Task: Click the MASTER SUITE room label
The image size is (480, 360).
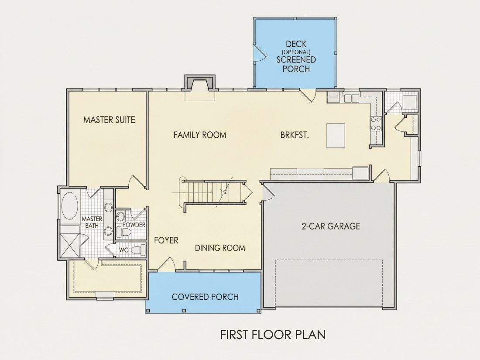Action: pos(109,120)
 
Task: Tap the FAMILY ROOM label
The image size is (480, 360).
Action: pos(200,135)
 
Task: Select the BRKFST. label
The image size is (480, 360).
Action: pos(295,135)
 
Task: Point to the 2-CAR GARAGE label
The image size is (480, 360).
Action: pos(331,226)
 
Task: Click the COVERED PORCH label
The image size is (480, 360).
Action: pos(205,297)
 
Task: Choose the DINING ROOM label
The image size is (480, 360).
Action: pos(220,248)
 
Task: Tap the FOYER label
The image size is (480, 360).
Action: pos(166,240)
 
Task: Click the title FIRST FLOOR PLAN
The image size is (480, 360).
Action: pos(273,335)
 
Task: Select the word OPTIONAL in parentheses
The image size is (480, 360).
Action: pos(296,52)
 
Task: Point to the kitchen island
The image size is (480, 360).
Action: pos(336,135)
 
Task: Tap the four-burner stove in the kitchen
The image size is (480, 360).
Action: pos(376,123)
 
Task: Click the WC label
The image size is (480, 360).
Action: pos(123,250)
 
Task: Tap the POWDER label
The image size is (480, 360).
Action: pos(134,225)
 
